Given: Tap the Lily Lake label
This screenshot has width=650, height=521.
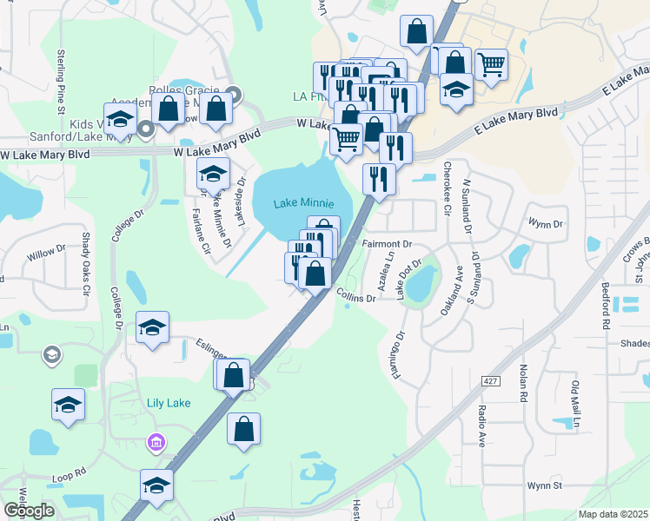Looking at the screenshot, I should [x=168, y=403].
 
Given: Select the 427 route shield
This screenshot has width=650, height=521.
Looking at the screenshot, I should [x=488, y=381].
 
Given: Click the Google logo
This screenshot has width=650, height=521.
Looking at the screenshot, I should [x=29, y=511].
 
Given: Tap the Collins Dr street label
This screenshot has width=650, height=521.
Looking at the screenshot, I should [x=355, y=295].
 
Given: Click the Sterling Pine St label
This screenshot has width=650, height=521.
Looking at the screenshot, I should [x=61, y=82].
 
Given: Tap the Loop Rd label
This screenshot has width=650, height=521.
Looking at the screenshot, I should [x=70, y=474].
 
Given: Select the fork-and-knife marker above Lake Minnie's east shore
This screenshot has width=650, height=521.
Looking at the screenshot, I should [x=379, y=178].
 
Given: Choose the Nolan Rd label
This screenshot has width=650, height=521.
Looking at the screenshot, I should [x=523, y=382].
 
